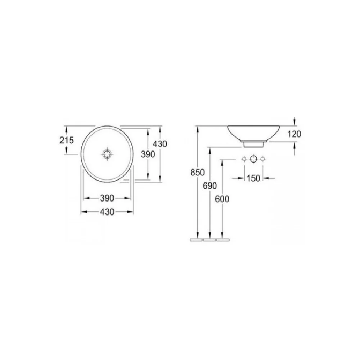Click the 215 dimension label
67,140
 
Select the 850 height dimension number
197,172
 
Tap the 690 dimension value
210,186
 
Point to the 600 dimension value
222,199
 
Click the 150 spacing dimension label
253,178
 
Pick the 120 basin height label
294,134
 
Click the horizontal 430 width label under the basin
107,212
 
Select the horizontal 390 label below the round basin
107,198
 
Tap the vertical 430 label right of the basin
160,144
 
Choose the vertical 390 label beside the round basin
148,154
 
